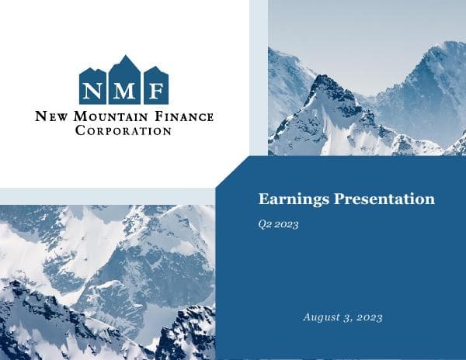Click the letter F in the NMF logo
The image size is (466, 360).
coord(155,88)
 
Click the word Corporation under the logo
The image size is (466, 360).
coord(123,131)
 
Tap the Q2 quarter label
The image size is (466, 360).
coord(265,224)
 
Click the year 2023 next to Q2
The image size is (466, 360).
coord(287,224)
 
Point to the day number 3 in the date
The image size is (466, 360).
coord(349,317)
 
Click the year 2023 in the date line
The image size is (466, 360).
coord(369,317)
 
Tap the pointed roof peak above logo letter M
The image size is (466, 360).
coord(123,59)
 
